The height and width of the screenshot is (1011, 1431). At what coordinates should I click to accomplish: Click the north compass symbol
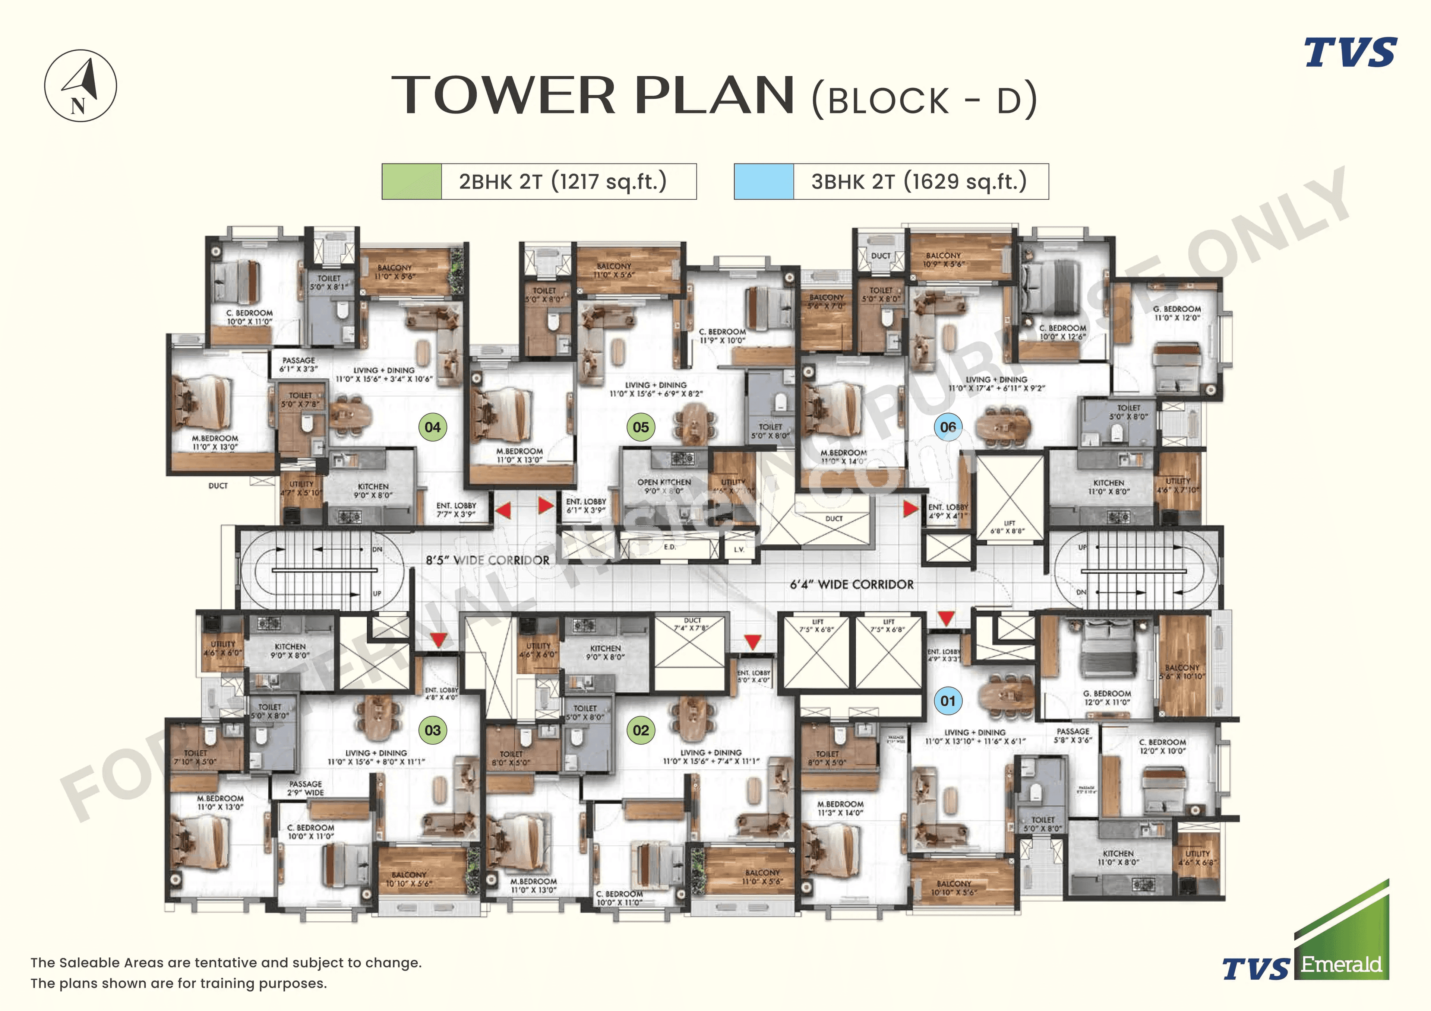pyautogui.click(x=80, y=85)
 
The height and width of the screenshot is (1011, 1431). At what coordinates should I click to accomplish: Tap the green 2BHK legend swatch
pyautogui.click(x=411, y=181)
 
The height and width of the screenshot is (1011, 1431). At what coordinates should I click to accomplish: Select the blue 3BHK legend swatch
pyautogui.click(x=764, y=181)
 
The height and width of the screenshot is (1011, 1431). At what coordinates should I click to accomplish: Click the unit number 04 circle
pyautogui.click(x=433, y=427)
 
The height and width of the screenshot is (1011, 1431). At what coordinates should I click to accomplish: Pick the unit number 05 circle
pyautogui.click(x=641, y=427)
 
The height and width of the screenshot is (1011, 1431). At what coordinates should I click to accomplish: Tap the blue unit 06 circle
pyautogui.click(x=948, y=427)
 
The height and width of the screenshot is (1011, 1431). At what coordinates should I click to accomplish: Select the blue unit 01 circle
pyautogui.click(x=948, y=701)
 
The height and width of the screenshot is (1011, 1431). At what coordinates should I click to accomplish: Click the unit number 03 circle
pyautogui.click(x=433, y=730)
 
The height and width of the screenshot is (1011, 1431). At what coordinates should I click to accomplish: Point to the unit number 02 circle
pyautogui.click(x=641, y=730)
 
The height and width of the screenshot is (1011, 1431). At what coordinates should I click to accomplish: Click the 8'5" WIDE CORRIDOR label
pyautogui.click(x=487, y=560)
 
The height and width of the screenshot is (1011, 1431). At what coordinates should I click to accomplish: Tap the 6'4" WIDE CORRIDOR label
pyautogui.click(x=852, y=584)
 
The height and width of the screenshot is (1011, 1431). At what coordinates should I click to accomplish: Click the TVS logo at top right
pyautogui.click(x=1350, y=53)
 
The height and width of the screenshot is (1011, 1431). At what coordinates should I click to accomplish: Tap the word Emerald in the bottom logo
pyautogui.click(x=1340, y=965)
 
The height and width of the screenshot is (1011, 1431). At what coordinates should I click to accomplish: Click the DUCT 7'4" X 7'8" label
pyautogui.click(x=692, y=624)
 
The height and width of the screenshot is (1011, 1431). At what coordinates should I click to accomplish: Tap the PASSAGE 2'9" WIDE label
pyautogui.click(x=306, y=788)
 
